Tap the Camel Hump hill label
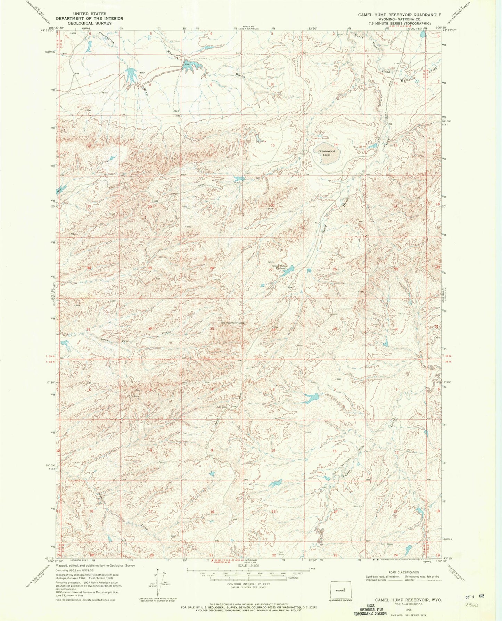coord(236,322)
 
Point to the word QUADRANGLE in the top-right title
coord(429,15)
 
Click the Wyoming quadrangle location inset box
coord(340,590)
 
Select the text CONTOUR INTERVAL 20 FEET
coord(248,584)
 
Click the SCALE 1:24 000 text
coord(248,565)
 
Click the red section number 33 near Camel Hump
coord(212,329)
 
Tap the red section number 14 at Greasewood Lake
coord(336,145)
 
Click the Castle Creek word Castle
coord(348,473)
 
